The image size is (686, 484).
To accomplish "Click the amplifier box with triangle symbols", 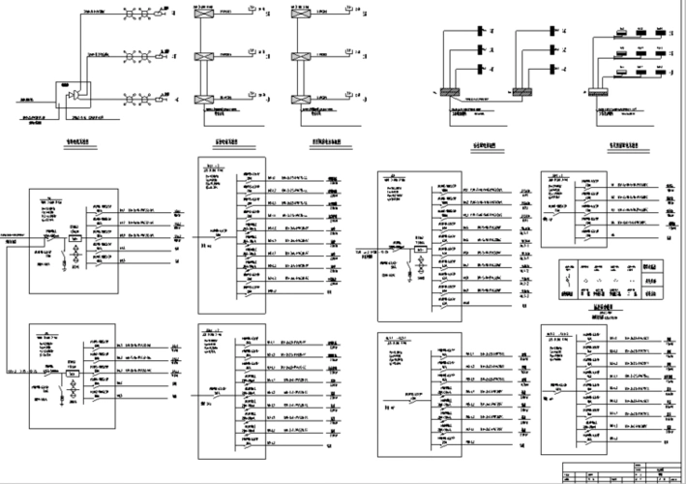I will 76,93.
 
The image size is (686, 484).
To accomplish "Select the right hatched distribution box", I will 522,93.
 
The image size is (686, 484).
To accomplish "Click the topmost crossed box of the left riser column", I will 205,17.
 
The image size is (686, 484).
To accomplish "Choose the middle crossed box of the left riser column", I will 205,59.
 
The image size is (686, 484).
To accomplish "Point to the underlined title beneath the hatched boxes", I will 484,146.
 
